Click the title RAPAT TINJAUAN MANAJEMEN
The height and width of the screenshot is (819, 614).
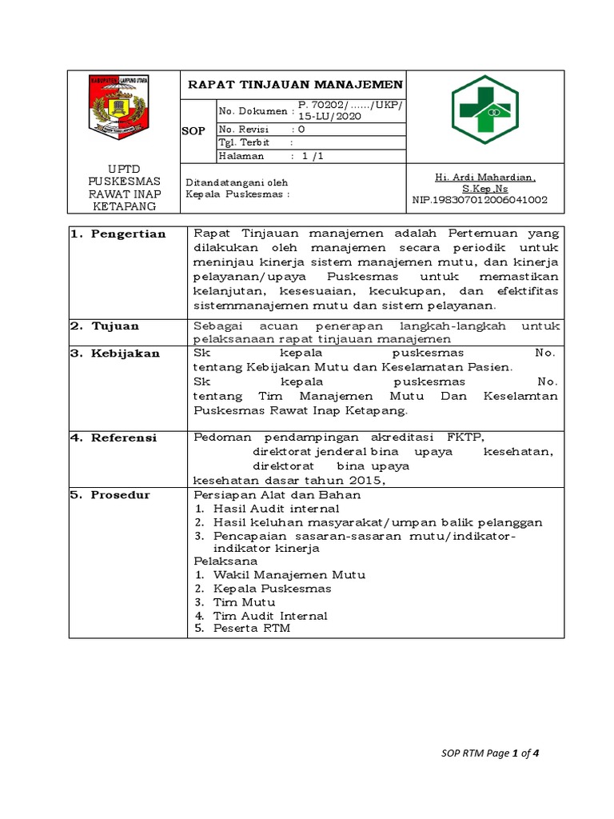(x=295, y=85)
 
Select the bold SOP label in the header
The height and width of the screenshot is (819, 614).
(x=194, y=130)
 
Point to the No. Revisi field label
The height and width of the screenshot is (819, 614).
(x=245, y=130)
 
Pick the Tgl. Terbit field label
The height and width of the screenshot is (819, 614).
(x=244, y=142)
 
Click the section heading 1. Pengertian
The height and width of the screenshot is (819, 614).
(x=118, y=234)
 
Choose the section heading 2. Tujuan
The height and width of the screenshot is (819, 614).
(x=105, y=326)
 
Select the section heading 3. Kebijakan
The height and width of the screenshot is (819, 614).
(x=115, y=353)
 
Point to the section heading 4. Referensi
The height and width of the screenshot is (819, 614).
(x=114, y=437)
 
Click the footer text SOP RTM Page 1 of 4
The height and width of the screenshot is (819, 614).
(x=496, y=753)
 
